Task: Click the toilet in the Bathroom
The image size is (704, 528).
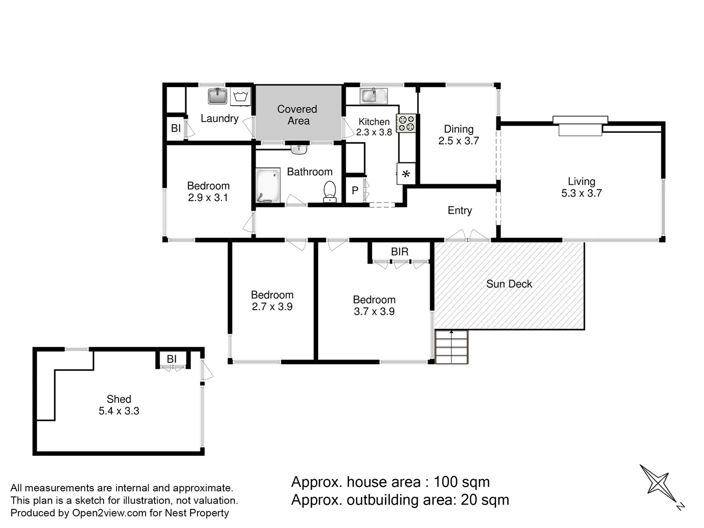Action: [x=330, y=191]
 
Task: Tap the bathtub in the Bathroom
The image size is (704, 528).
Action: [x=268, y=185]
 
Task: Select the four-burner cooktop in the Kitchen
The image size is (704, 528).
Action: [x=406, y=123]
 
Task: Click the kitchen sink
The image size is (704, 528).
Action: [x=374, y=95]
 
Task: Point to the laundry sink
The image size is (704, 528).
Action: [x=218, y=96]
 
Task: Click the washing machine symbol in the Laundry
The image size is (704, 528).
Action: [x=240, y=96]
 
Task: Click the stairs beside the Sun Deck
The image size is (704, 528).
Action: [x=451, y=347]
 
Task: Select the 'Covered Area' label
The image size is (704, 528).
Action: [x=297, y=115]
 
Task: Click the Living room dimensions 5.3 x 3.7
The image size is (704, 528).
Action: [x=581, y=193]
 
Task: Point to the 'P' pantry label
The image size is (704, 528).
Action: [x=355, y=191]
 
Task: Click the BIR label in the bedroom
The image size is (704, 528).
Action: [x=399, y=252]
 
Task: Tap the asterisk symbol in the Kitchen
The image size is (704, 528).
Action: [x=406, y=174]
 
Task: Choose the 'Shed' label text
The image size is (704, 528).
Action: [x=119, y=399]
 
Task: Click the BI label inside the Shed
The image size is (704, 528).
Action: [x=172, y=359]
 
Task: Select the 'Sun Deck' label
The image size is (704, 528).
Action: [x=509, y=284]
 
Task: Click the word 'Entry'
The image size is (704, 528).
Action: [x=460, y=210]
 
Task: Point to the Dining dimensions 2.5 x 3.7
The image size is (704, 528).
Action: [x=459, y=141]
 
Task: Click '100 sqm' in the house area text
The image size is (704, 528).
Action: [x=462, y=482]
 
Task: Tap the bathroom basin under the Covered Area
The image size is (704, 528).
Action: [x=299, y=148]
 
